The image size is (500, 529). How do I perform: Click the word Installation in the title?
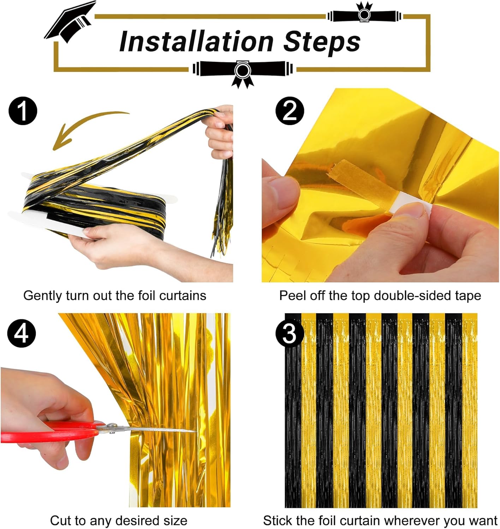pos(196,42)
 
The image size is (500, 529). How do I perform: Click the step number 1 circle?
pos(23,112)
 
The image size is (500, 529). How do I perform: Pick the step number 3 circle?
pos(290,333)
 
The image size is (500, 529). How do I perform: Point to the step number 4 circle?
pos(22,333)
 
